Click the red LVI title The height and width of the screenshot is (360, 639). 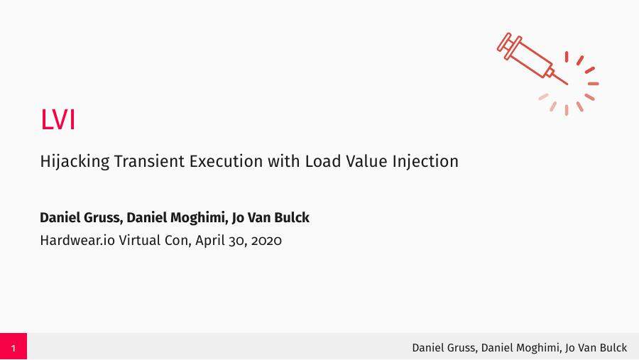point(58,120)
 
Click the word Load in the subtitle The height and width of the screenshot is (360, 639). point(321,161)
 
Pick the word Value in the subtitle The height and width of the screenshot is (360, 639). point(364,161)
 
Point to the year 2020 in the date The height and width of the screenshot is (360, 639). point(266,240)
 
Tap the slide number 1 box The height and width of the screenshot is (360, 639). point(13,347)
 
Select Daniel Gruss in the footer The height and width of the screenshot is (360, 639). point(444,347)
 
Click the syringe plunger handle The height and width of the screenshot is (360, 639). point(506,42)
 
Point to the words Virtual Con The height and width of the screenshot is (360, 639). point(154,240)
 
